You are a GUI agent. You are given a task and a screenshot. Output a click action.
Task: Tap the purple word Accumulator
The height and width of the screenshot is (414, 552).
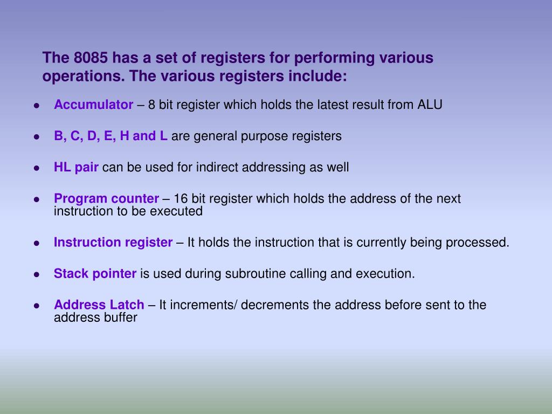tap(93, 105)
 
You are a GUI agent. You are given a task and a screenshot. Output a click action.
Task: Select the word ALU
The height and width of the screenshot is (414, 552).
tap(430, 105)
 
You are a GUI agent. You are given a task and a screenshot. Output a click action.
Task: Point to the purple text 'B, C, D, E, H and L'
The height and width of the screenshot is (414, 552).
tap(111, 136)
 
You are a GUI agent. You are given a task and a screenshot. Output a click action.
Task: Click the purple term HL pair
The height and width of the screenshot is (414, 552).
tap(76, 167)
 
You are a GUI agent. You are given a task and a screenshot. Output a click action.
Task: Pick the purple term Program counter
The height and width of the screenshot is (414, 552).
tap(106, 198)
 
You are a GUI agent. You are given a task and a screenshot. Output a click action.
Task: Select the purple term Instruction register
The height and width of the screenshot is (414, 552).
tap(113, 242)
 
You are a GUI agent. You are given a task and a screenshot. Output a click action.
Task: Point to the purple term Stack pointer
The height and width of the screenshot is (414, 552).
tap(95, 273)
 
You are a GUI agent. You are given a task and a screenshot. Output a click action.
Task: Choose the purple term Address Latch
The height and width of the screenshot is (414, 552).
tap(99, 305)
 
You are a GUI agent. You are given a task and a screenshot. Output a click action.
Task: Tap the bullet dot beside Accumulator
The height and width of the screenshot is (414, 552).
tap(37, 106)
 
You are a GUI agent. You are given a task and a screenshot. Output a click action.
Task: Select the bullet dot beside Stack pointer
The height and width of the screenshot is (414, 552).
tap(37, 274)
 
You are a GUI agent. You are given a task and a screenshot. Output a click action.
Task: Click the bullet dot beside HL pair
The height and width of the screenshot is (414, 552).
tap(37, 168)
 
